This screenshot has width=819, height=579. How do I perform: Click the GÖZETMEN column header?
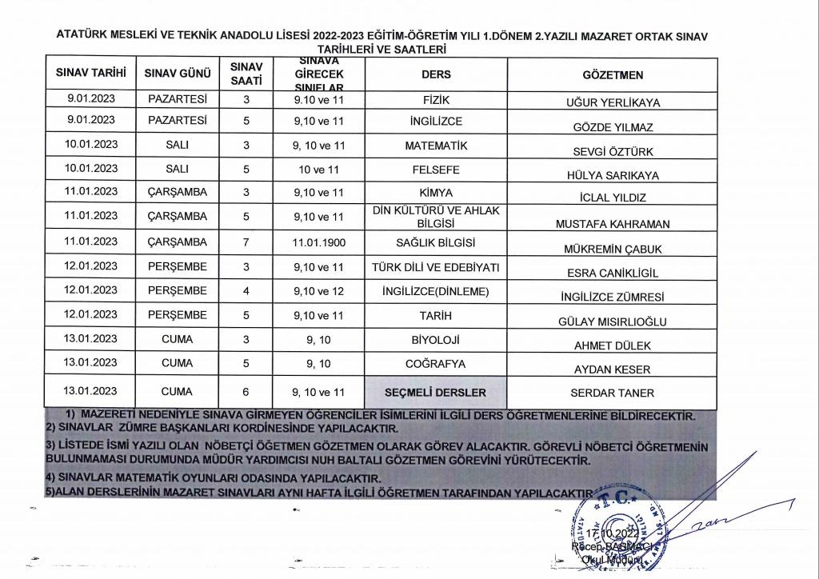(x=613, y=74)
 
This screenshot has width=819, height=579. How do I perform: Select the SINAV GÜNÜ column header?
(x=177, y=74)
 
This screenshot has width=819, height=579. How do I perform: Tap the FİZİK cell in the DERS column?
(x=436, y=101)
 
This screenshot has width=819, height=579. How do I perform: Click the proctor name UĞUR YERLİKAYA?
(x=613, y=104)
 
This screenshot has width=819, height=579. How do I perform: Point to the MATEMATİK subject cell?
(x=436, y=146)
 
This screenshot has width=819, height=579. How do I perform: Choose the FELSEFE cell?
(x=436, y=170)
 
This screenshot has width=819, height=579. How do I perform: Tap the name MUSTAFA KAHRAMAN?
(x=613, y=225)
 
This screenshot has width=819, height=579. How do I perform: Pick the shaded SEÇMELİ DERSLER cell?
(x=436, y=393)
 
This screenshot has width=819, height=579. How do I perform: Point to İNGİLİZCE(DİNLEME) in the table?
(x=436, y=292)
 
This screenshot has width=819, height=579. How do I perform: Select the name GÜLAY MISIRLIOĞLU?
(x=613, y=322)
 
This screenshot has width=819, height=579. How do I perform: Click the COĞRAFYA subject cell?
(x=436, y=364)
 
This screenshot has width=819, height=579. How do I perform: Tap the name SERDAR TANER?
(x=613, y=393)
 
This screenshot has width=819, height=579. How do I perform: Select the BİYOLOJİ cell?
(x=436, y=340)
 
